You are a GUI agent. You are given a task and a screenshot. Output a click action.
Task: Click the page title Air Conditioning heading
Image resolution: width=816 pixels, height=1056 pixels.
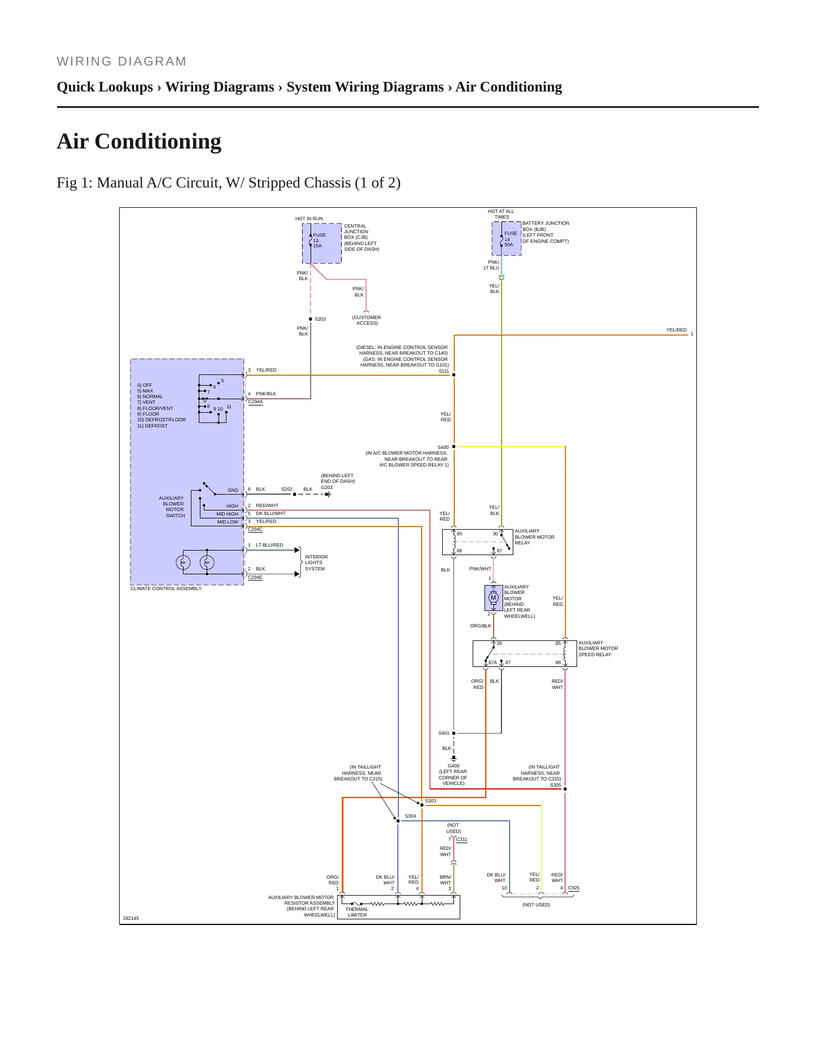(x=139, y=141)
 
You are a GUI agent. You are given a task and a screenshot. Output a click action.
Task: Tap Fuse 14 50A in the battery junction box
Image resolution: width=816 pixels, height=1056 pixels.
(x=510, y=239)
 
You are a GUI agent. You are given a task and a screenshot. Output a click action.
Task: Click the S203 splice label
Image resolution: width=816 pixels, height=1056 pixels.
(x=320, y=319)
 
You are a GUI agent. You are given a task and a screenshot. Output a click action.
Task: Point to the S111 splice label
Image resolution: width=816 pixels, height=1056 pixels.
(x=444, y=371)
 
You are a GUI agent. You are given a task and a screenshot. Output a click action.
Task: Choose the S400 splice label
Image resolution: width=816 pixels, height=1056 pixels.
(x=443, y=447)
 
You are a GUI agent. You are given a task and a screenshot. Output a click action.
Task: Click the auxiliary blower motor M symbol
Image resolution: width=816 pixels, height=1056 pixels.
(x=493, y=597)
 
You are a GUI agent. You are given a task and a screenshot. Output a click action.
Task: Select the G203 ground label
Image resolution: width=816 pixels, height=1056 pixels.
(x=326, y=487)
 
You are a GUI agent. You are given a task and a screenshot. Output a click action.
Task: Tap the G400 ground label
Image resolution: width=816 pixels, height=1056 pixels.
(x=453, y=766)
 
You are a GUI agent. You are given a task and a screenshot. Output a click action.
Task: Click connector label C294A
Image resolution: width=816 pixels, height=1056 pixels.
(x=255, y=402)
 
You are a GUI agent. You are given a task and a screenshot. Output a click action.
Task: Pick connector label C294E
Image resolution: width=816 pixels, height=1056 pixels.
(x=255, y=577)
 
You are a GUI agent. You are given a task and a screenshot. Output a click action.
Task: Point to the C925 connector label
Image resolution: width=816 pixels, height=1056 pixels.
(x=574, y=888)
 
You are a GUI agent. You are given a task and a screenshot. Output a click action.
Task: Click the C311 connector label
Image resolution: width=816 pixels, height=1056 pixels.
(x=462, y=839)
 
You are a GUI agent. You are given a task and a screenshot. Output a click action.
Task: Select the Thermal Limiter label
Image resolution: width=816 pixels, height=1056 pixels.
(x=357, y=912)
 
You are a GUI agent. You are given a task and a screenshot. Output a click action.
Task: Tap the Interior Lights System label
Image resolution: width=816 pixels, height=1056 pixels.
(x=316, y=563)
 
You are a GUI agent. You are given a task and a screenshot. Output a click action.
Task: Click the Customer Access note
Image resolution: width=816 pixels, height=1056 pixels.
(x=366, y=320)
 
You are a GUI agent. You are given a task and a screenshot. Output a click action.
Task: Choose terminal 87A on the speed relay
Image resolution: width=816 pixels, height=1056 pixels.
(x=492, y=662)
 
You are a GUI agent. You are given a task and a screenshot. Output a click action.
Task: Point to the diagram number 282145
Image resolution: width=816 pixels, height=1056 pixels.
(x=131, y=918)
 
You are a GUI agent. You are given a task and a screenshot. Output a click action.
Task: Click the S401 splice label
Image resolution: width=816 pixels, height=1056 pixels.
(x=444, y=733)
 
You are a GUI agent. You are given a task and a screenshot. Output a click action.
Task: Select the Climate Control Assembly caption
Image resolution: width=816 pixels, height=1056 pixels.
(x=166, y=588)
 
